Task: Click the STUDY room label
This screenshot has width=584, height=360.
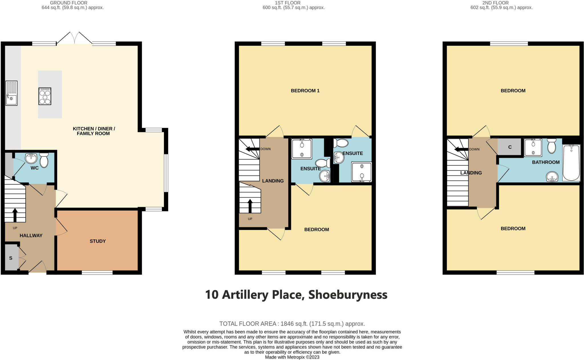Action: point(98,241)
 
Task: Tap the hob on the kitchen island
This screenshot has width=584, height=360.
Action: point(45,96)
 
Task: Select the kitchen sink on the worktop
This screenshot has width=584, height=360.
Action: point(11,93)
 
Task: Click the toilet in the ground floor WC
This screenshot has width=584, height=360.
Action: point(44,160)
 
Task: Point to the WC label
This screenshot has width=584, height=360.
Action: point(35,168)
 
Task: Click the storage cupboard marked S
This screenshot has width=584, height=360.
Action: point(11,258)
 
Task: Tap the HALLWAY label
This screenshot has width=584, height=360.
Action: point(31,236)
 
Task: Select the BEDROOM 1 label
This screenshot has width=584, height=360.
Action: point(305,91)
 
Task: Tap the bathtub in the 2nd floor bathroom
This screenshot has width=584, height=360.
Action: point(571,163)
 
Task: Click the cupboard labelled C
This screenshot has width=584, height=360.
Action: point(510,147)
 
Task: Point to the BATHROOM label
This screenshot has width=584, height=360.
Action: point(546,162)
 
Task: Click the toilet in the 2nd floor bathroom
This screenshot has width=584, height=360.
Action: point(551,146)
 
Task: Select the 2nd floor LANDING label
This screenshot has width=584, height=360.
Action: point(471,173)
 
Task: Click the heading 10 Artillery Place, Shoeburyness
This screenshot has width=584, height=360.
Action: point(296,295)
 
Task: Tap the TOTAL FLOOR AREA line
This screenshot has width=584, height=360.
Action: point(292,324)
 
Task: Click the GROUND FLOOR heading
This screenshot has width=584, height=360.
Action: point(69,3)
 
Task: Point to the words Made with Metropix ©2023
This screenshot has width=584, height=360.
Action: point(292,357)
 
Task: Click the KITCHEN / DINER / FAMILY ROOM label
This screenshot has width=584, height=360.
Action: point(94,131)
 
